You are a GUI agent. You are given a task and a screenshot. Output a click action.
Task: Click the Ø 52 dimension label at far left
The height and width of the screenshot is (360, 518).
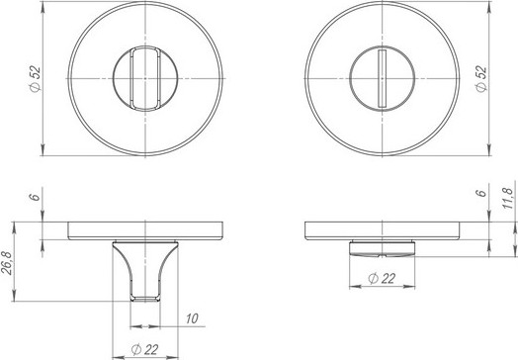click(35, 79)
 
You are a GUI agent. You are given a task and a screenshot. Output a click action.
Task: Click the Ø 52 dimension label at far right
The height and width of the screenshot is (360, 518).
click(481, 79)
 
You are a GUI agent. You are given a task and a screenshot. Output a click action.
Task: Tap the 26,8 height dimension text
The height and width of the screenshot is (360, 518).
click(8, 263)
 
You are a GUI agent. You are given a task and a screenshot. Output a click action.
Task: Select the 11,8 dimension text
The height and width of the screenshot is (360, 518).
click(508, 198)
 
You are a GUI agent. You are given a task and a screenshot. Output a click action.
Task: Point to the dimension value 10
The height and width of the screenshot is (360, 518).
click(192, 318)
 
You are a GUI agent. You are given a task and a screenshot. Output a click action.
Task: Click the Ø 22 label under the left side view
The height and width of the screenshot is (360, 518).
click(144, 349)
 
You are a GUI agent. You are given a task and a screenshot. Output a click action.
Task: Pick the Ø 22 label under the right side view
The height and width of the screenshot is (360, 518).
click(382, 278)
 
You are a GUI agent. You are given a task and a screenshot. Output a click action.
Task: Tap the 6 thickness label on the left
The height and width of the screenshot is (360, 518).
click(35, 197)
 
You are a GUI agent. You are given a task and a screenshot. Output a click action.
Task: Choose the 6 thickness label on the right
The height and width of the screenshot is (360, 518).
click(482, 193)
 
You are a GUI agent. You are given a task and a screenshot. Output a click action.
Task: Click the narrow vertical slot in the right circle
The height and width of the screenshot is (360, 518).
click(383, 78)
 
